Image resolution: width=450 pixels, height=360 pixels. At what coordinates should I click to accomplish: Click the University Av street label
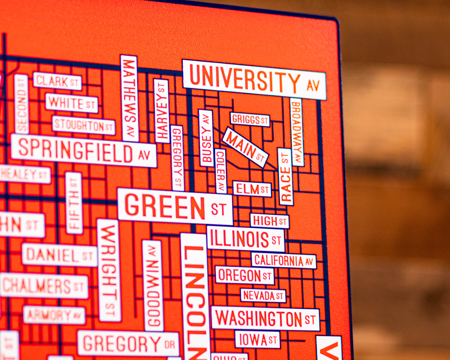[x=254, y=79]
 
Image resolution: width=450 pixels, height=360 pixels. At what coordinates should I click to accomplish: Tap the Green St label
[x=175, y=207]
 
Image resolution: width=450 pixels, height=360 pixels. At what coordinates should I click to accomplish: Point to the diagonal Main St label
[x=246, y=147]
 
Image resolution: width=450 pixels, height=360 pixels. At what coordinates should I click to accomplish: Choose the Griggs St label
[x=250, y=120]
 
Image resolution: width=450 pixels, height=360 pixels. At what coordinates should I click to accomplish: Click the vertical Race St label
[x=285, y=176]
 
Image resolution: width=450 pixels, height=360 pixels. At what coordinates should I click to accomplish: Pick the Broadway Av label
[x=297, y=132]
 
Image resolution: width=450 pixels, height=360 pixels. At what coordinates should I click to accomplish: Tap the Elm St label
[x=252, y=189]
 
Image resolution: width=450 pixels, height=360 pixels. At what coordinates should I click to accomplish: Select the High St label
[x=269, y=221]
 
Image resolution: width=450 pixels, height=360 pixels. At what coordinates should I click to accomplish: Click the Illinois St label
[x=246, y=239]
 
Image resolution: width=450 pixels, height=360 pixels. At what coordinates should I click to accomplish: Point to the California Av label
[x=284, y=261]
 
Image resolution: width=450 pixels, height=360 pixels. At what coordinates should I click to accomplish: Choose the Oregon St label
[x=245, y=275]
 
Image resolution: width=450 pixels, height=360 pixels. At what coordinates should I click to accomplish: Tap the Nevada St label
[x=263, y=295]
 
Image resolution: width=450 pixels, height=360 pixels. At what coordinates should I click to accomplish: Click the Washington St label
[x=265, y=318]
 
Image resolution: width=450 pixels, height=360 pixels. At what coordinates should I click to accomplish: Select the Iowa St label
[x=257, y=339]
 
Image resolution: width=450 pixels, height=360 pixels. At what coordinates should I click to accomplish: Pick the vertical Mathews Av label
[x=130, y=98]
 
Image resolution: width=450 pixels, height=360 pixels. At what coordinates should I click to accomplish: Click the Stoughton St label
[x=84, y=125]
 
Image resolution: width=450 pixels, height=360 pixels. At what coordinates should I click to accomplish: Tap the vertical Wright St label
[x=109, y=270]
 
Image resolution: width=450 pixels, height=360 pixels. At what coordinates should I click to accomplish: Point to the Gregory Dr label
[x=128, y=343]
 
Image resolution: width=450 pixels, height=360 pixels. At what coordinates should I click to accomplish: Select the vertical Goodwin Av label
[x=153, y=285]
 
